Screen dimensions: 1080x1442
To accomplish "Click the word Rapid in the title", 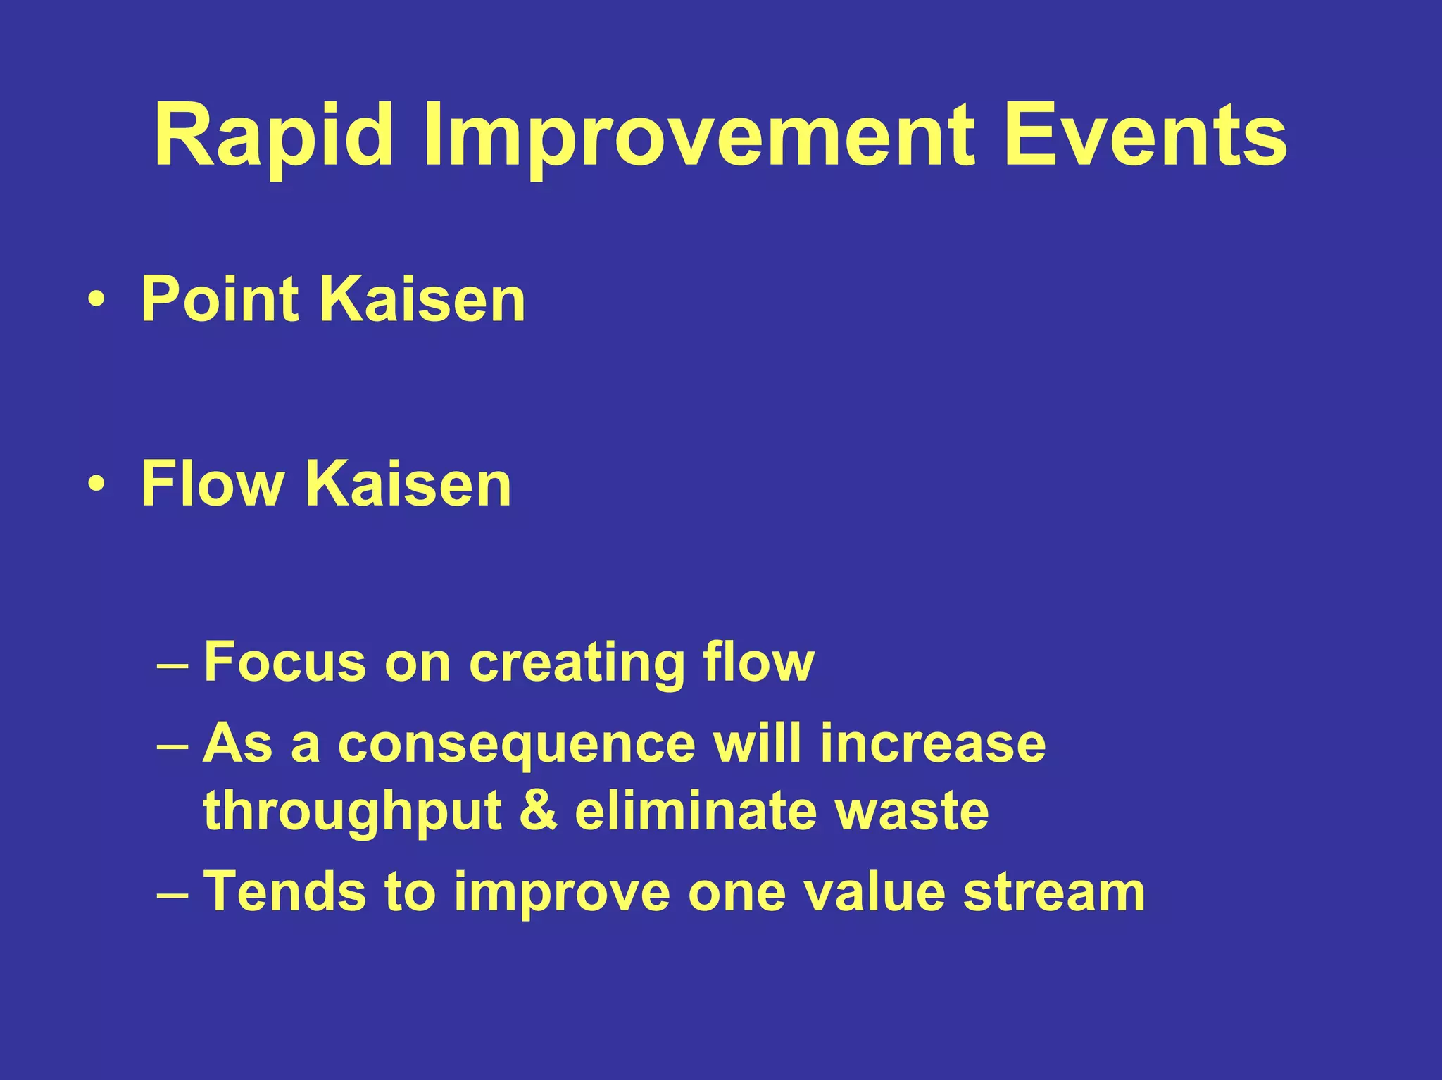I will point(273,135).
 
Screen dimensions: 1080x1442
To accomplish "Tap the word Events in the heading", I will point(1145,135).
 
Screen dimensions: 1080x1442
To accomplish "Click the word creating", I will point(577,663).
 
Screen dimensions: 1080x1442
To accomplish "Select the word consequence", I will point(516,745).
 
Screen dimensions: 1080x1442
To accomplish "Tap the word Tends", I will point(284,891).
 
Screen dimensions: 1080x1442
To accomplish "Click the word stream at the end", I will point(1053,891).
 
